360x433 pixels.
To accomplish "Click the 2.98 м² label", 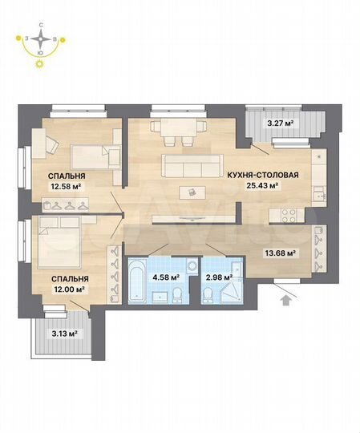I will [217, 277].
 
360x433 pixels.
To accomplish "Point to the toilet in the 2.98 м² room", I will [208, 297].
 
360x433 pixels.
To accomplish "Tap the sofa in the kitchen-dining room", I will [192, 164].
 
